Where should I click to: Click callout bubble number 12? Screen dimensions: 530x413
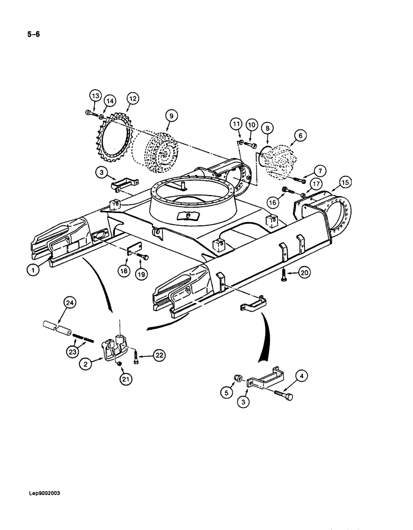132,98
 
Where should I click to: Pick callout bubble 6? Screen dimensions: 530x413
301,136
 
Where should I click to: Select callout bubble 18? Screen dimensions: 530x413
123,270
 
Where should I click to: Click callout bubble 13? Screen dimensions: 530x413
95,96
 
